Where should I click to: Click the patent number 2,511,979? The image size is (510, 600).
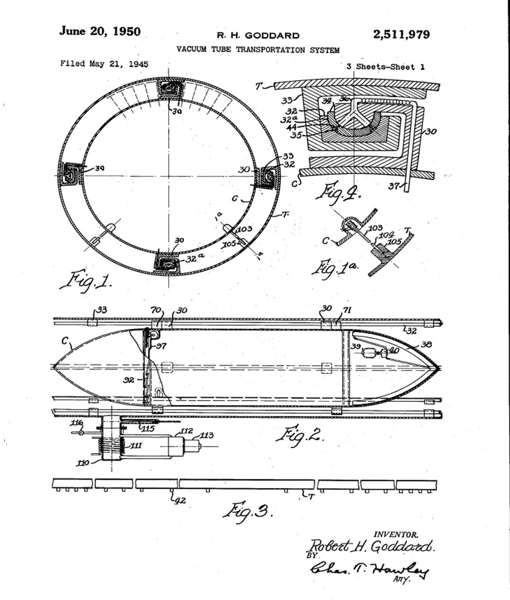click(401, 35)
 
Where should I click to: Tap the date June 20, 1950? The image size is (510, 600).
click(100, 32)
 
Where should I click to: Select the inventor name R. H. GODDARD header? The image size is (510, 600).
click(258, 35)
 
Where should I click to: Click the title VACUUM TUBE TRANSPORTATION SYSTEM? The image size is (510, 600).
click(258, 50)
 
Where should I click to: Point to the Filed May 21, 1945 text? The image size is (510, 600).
click(104, 63)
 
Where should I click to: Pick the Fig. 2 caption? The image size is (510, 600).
click(300, 434)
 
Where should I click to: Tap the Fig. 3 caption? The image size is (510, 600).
click(247, 511)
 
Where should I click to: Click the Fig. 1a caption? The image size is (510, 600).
click(335, 267)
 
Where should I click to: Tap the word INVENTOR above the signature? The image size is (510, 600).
click(396, 535)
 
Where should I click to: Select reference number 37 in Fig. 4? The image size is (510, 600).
click(394, 186)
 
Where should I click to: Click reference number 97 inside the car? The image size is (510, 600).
click(161, 346)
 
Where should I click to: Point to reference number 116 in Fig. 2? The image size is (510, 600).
click(77, 422)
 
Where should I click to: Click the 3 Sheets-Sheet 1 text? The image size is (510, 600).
click(385, 67)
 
